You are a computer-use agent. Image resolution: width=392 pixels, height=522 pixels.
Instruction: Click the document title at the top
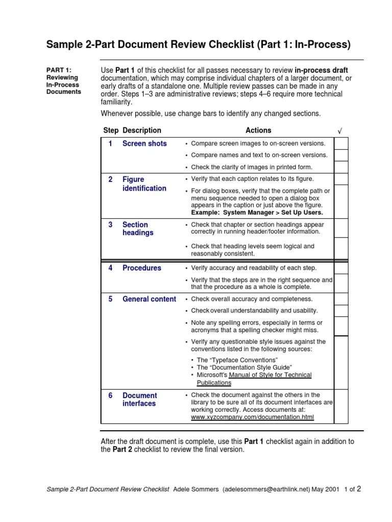[199, 45]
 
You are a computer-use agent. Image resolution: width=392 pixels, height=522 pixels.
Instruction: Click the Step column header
[111, 130]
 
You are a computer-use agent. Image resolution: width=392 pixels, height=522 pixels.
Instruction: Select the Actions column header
[258, 130]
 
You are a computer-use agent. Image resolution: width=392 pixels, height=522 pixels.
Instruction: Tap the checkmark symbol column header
[339, 131]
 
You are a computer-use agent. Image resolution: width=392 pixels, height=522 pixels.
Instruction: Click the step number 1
[110, 144]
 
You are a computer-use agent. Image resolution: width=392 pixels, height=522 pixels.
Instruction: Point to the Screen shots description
[144, 144]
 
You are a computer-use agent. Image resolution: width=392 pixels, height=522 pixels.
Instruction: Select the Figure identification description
[144, 184]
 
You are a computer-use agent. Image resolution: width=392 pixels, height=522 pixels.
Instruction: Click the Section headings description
[138, 228]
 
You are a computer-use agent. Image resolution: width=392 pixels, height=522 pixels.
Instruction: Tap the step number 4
[110, 268]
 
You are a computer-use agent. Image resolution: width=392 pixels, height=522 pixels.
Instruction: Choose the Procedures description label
[141, 268]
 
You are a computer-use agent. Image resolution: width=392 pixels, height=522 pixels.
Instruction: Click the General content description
[149, 299]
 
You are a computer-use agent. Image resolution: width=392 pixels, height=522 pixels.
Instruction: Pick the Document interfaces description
[139, 399]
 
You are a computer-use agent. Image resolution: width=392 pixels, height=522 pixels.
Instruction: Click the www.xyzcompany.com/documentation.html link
[252, 417]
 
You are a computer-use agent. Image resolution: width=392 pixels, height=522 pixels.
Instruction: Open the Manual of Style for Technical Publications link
[254, 379]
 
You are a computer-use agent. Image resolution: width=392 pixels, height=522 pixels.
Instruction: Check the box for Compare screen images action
[341, 143]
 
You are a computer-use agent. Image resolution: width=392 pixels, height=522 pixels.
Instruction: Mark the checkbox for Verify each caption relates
[341, 179]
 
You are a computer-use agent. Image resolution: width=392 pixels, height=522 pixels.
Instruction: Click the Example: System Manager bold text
[257, 213]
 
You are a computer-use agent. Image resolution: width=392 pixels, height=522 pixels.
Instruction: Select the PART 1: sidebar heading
[59, 70]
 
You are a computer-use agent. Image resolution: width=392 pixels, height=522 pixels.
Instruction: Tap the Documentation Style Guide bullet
[244, 368]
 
